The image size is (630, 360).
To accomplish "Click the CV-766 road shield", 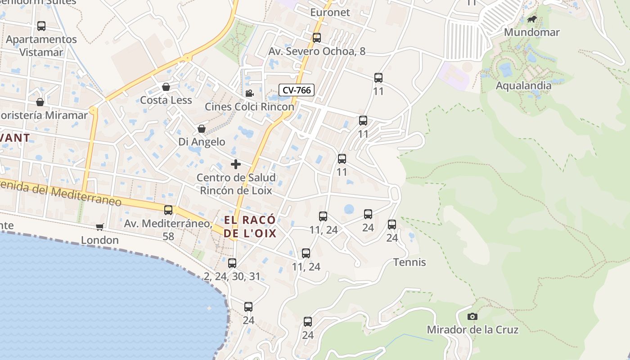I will (x=297, y=90).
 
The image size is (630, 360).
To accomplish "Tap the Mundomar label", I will (x=531, y=32).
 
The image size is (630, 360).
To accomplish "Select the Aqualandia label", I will (x=523, y=85).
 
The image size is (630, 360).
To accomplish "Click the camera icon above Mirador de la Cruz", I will (x=472, y=317).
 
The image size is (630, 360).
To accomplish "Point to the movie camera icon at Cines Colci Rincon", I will (x=249, y=93).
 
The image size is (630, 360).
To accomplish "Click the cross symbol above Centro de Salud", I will (x=236, y=164).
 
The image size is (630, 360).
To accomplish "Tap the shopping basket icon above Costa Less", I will (x=166, y=87).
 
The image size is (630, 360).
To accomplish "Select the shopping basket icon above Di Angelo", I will (x=202, y=129).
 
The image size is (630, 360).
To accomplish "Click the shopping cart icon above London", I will (x=100, y=227).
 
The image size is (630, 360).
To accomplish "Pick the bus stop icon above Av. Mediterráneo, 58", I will (x=168, y=210).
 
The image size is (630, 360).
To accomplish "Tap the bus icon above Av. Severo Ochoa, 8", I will (x=317, y=38).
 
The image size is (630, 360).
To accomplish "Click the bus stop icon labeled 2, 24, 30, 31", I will (x=232, y=263).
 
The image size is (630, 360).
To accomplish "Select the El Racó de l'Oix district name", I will (x=250, y=227).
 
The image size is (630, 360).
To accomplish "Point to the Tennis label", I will (x=409, y=262).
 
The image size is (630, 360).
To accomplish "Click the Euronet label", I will (x=330, y=12).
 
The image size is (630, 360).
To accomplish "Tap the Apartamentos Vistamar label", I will (x=41, y=45).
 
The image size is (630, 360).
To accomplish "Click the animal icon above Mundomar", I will (x=532, y=19).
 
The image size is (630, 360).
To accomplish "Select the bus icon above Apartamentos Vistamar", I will (x=41, y=26).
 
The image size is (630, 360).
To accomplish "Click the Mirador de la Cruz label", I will (x=472, y=330).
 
